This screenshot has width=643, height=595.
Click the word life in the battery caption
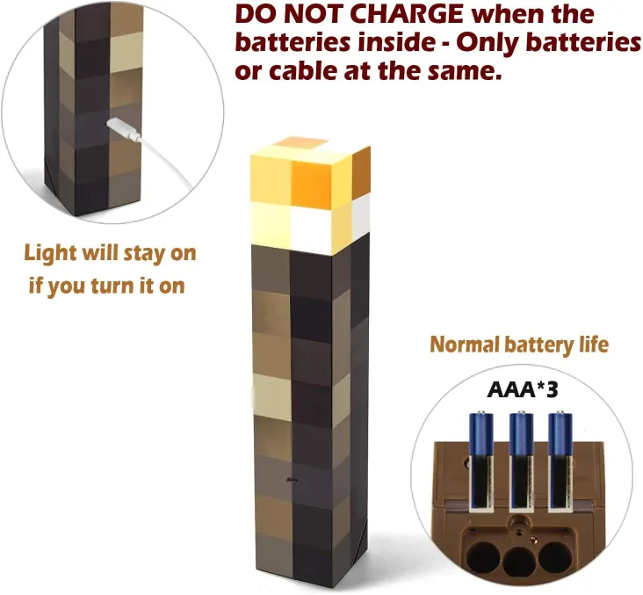click(592, 344)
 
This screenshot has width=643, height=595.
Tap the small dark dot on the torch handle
click(289, 480)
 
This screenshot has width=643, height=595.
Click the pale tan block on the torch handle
click(271, 391)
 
